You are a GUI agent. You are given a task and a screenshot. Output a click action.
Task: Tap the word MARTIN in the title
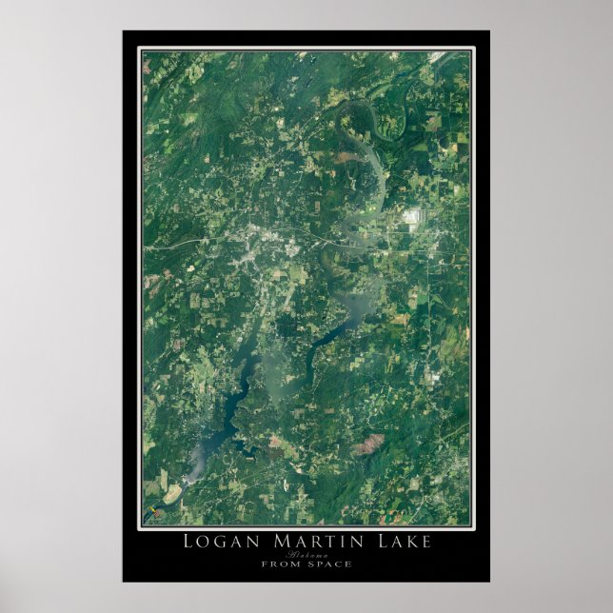306,542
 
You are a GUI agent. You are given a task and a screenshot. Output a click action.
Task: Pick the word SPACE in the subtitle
328,564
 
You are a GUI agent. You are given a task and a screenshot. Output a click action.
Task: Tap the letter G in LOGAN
223,542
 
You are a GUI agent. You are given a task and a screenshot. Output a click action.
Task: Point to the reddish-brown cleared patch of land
369,443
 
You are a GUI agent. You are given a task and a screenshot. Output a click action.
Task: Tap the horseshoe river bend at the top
381,119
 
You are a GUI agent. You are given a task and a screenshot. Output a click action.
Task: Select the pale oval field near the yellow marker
172,494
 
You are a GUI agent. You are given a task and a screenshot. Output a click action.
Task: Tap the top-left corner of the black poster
123,31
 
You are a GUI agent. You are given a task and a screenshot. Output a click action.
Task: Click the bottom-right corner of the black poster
489,581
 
